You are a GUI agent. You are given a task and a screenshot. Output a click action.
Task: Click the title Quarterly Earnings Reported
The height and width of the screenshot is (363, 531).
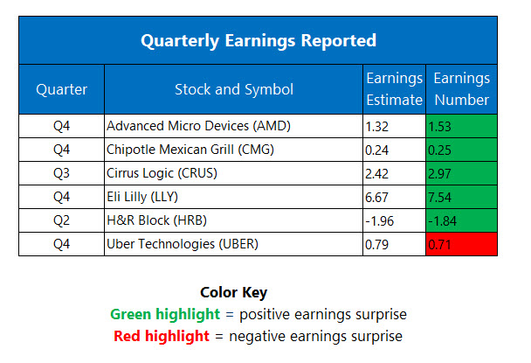coord(259,40)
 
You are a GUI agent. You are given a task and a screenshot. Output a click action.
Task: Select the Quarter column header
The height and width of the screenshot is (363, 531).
coord(61,89)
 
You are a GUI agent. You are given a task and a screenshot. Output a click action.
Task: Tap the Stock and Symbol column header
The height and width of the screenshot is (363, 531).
coord(233,89)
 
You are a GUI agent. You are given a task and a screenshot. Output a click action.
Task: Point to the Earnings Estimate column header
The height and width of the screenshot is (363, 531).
coord(394,89)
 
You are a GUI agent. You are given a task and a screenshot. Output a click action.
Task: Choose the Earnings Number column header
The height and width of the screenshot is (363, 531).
coord(461,89)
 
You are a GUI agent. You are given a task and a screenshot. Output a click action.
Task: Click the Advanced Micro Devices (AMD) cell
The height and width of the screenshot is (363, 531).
coord(198,126)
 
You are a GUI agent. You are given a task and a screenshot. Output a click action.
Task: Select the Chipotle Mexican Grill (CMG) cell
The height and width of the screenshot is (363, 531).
coord(190,150)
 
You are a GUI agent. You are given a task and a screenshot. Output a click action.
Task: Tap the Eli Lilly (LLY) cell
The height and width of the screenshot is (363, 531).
coord(143,197)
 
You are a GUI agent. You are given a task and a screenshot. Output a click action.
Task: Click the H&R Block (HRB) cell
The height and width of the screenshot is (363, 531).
coord(152,220)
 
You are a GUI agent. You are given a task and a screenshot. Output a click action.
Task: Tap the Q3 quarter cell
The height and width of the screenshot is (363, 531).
coord(61,173)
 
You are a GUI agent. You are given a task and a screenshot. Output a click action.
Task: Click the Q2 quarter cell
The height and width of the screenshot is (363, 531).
coord(61,220)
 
